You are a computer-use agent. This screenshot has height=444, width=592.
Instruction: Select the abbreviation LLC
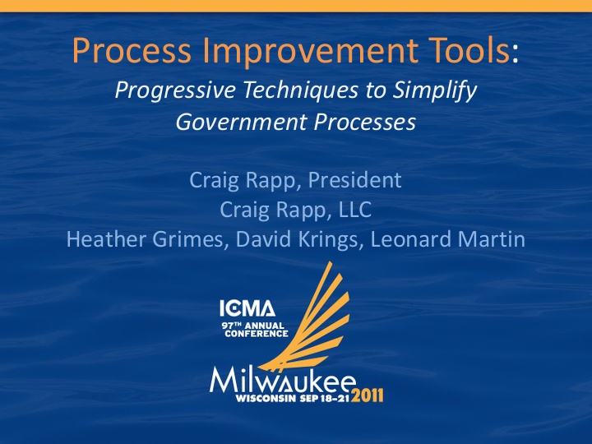[x=352, y=210]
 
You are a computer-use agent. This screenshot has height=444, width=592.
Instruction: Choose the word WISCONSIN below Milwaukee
[x=261, y=398]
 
